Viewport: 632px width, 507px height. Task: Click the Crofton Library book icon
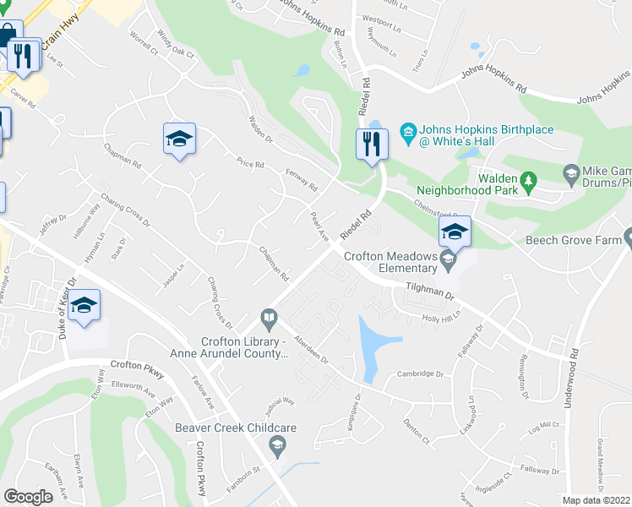[269, 318]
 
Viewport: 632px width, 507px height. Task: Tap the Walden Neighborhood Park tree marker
[529, 180]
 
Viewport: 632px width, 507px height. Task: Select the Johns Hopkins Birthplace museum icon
[409, 130]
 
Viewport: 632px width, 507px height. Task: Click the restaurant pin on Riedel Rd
[373, 145]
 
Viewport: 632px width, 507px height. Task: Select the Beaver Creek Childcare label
[236, 428]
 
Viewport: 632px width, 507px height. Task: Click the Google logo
[28, 496]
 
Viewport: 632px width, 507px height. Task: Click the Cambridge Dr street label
[422, 373]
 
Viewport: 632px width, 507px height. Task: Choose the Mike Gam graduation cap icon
[571, 174]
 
